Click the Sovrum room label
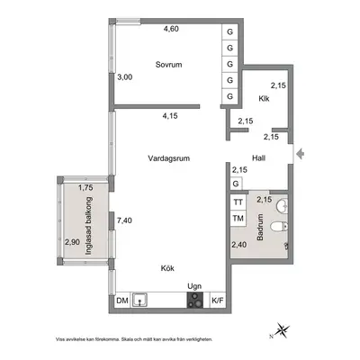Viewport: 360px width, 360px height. (x=168, y=65)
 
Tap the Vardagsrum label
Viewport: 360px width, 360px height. (x=169, y=158)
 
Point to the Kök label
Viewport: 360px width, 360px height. (x=167, y=268)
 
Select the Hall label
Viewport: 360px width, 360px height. (x=258, y=158)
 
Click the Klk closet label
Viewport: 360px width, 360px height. (x=264, y=98)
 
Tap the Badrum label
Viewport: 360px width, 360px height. (x=260, y=227)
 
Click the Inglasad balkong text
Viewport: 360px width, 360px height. (x=88, y=226)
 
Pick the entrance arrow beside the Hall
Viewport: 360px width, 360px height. (x=300, y=154)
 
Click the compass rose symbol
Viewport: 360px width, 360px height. (x=282, y=330)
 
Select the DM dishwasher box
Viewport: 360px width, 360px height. (x=122, y=301)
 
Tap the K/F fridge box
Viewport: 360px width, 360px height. (x=218, y=301)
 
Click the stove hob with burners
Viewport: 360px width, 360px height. (x=194, y=301)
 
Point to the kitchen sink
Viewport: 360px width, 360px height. (x=139, y=300)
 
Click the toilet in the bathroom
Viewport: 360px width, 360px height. (x=279, y=227)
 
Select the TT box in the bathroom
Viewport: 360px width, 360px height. (x=238, y=202)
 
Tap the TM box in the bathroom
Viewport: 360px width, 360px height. (x=238, y=218)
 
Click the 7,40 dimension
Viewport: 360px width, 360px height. (x=124, y=220)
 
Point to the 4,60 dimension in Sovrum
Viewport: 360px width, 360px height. (x=171, y=29)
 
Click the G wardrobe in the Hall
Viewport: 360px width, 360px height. (x=236, y=184)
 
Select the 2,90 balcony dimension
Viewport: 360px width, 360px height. (x=73, y=242)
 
